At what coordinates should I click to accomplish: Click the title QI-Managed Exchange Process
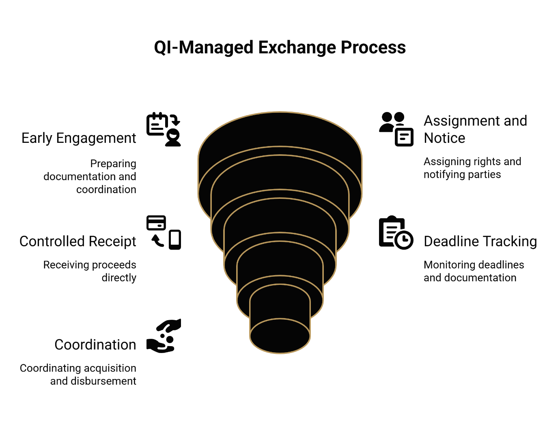point(280,47)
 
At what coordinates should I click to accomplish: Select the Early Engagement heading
point(79,138)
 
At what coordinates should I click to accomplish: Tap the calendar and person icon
point(164,129)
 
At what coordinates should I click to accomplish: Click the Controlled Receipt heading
point(78,241)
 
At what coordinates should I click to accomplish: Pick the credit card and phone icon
point(164,232)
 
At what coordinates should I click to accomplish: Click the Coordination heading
point(95,345)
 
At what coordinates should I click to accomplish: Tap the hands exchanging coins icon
point(164,336)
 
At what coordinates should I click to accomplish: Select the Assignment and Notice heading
point(475,129)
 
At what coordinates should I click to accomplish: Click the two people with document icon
point(396,129)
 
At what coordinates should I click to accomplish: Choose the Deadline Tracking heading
point(480,241)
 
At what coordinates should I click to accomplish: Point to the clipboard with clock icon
point(396,232)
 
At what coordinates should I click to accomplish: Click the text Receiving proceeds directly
point(90,271)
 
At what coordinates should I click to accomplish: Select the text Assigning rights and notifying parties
point(472,168)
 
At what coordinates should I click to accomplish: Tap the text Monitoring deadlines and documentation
point(474,271)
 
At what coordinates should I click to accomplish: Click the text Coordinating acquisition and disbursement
point(78,375)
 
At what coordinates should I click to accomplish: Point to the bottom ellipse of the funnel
point(280,336)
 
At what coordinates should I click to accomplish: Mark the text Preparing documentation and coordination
point(90,177)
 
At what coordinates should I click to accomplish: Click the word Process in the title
point(373,47)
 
